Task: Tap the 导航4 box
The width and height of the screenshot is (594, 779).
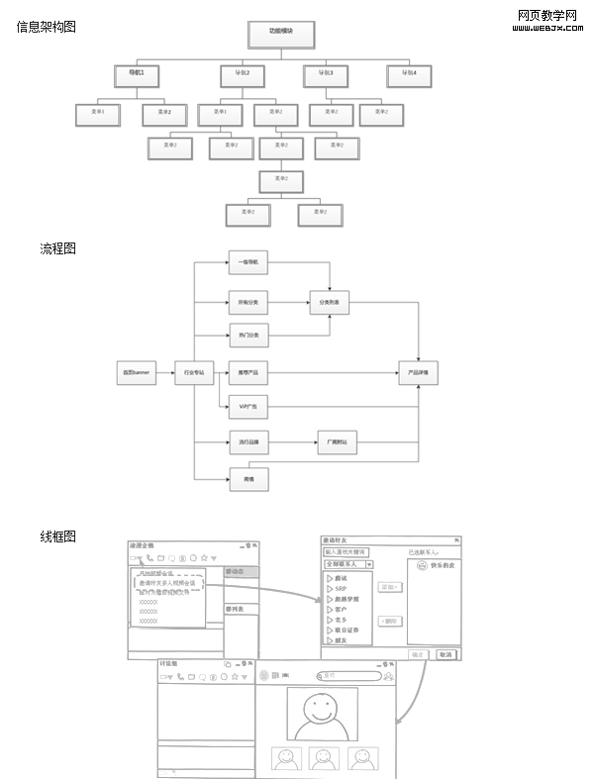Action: click(x=409, y=74)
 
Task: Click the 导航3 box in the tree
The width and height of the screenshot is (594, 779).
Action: click(x=326, y=74)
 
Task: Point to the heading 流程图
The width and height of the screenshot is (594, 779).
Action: click(x=57, y=248)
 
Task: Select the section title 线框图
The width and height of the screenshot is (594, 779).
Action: click(x=57, y=536)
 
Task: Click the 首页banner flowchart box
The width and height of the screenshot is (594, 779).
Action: click(x=136, y=373)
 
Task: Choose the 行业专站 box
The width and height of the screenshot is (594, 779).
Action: click(x=194, y=373)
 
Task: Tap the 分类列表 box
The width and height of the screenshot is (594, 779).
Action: click(x=329, y=306)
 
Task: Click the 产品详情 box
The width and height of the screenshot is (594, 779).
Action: click(x=418, y=373)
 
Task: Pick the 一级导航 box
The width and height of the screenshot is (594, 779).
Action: click(x=247, y=263)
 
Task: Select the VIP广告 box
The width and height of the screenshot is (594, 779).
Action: click(x=247, y=407)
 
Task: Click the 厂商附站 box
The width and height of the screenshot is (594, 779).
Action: click(x=337, y=441)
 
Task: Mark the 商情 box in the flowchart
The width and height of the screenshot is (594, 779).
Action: click(x=247, y=480)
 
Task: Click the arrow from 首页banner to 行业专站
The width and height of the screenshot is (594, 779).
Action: click(x=165, y=373)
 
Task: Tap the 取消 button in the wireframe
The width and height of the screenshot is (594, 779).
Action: click(x=445, y=654)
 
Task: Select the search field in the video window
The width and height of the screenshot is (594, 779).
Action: click(x=348, y=676)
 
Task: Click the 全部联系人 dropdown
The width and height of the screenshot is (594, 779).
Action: click(x=342, y=564)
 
